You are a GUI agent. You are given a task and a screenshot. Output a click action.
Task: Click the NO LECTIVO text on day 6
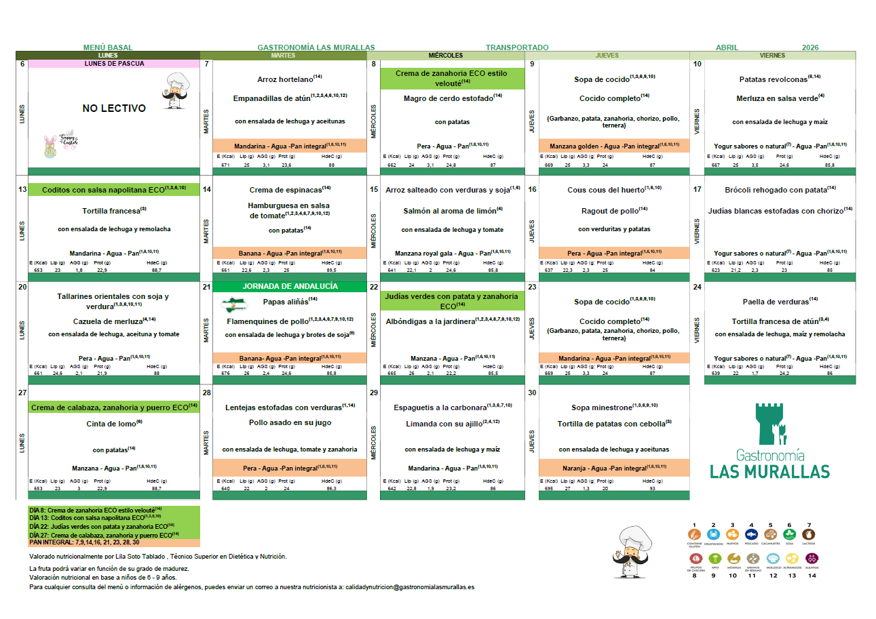(114, 108)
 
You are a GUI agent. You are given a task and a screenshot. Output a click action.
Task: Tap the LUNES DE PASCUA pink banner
(114, 64)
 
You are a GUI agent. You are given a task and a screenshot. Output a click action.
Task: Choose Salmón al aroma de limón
(450, 211)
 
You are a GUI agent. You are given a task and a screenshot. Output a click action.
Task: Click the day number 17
(697, 189)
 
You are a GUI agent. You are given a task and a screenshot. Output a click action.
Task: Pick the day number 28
(207, 393)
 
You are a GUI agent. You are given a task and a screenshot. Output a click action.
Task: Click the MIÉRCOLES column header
(446, 56)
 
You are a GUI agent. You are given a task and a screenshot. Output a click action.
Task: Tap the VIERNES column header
(772, 56)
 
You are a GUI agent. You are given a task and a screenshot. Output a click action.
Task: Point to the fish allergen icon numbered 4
(751, 534)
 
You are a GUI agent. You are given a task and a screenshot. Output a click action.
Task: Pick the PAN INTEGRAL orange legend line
(84, 542)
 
